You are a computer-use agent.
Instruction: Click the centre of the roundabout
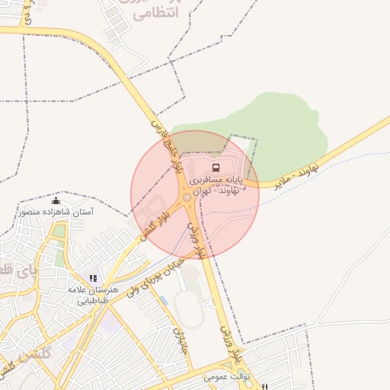click(x=187, y=198)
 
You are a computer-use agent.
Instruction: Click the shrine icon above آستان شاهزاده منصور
click(x=56, y=200)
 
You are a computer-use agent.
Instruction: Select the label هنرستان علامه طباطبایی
click(x=93, y=295)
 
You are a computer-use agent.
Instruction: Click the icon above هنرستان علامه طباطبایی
click(x=93, y=279)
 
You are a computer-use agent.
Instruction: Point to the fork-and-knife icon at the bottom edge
click(x=264, y=387)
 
